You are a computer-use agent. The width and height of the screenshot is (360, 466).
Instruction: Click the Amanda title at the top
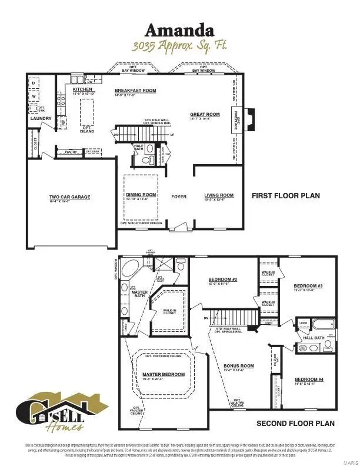coord(179,30)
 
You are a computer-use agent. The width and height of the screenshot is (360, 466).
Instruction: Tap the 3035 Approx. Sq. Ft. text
coord(179,45)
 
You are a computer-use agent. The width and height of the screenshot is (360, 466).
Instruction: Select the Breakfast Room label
coord(135,90)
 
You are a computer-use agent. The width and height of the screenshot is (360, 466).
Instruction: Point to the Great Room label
coord(205,114)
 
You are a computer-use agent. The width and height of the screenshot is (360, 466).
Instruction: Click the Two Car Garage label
coord(69,197)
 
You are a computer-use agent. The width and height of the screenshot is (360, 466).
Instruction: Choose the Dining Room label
coord(141,194)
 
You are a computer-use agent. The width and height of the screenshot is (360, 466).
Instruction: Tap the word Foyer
coord(179,196)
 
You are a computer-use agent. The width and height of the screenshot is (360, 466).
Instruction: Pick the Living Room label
coord(219,195)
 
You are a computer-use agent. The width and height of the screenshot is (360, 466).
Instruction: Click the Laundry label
coord(42,118)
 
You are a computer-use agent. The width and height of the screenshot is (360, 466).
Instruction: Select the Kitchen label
coord(82,89)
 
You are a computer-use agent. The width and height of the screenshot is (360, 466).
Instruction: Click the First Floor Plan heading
coord(286,195)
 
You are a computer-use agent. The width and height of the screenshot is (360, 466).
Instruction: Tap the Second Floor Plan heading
coord(295,423)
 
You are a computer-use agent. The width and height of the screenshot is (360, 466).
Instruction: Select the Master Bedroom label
coord(164,374)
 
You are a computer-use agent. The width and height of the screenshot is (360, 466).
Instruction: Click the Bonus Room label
coord(239,366)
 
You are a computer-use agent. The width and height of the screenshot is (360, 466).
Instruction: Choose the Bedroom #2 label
coord(223,279)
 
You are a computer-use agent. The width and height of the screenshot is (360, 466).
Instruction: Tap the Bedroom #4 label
coord(309,380)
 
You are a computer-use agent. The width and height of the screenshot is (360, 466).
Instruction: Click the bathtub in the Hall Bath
coord(324,324)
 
